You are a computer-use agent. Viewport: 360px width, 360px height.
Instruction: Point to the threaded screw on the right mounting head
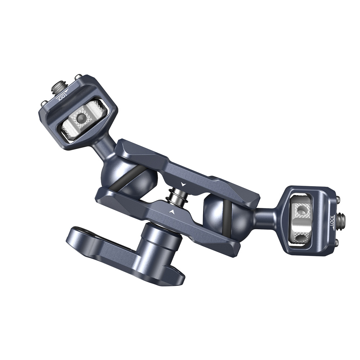(x=342, y=218)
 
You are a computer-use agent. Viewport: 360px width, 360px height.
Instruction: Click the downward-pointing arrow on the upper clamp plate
(x=184, y=184)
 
